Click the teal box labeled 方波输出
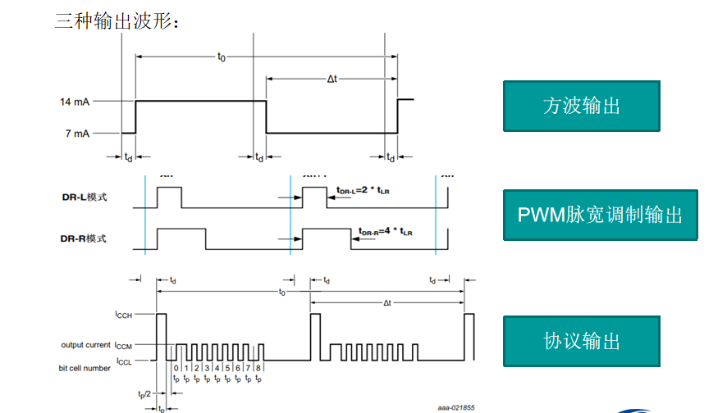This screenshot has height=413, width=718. coord(581,106)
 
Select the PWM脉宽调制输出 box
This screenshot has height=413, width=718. coord(600,215)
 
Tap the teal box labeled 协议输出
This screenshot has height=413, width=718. coord(581,341)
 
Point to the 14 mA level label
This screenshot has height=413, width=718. coord(75,102)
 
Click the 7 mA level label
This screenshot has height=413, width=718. coord(77,133)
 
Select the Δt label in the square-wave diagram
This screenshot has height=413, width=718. coord(332,79)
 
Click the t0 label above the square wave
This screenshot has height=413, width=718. coord(222,57)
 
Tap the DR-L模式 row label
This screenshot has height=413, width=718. coord(84,197)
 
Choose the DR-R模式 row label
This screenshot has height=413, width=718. coord(84,238)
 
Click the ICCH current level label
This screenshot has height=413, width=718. coord(124,314)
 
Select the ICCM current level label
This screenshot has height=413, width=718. coord(124,345)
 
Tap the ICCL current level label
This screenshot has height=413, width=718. coord(124,361)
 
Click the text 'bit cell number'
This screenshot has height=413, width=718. coord(85,369)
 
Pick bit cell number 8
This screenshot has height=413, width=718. coord(258,369)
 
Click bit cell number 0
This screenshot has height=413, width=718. coord(176,369)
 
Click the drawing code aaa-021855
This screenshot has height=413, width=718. coord(455,406)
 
